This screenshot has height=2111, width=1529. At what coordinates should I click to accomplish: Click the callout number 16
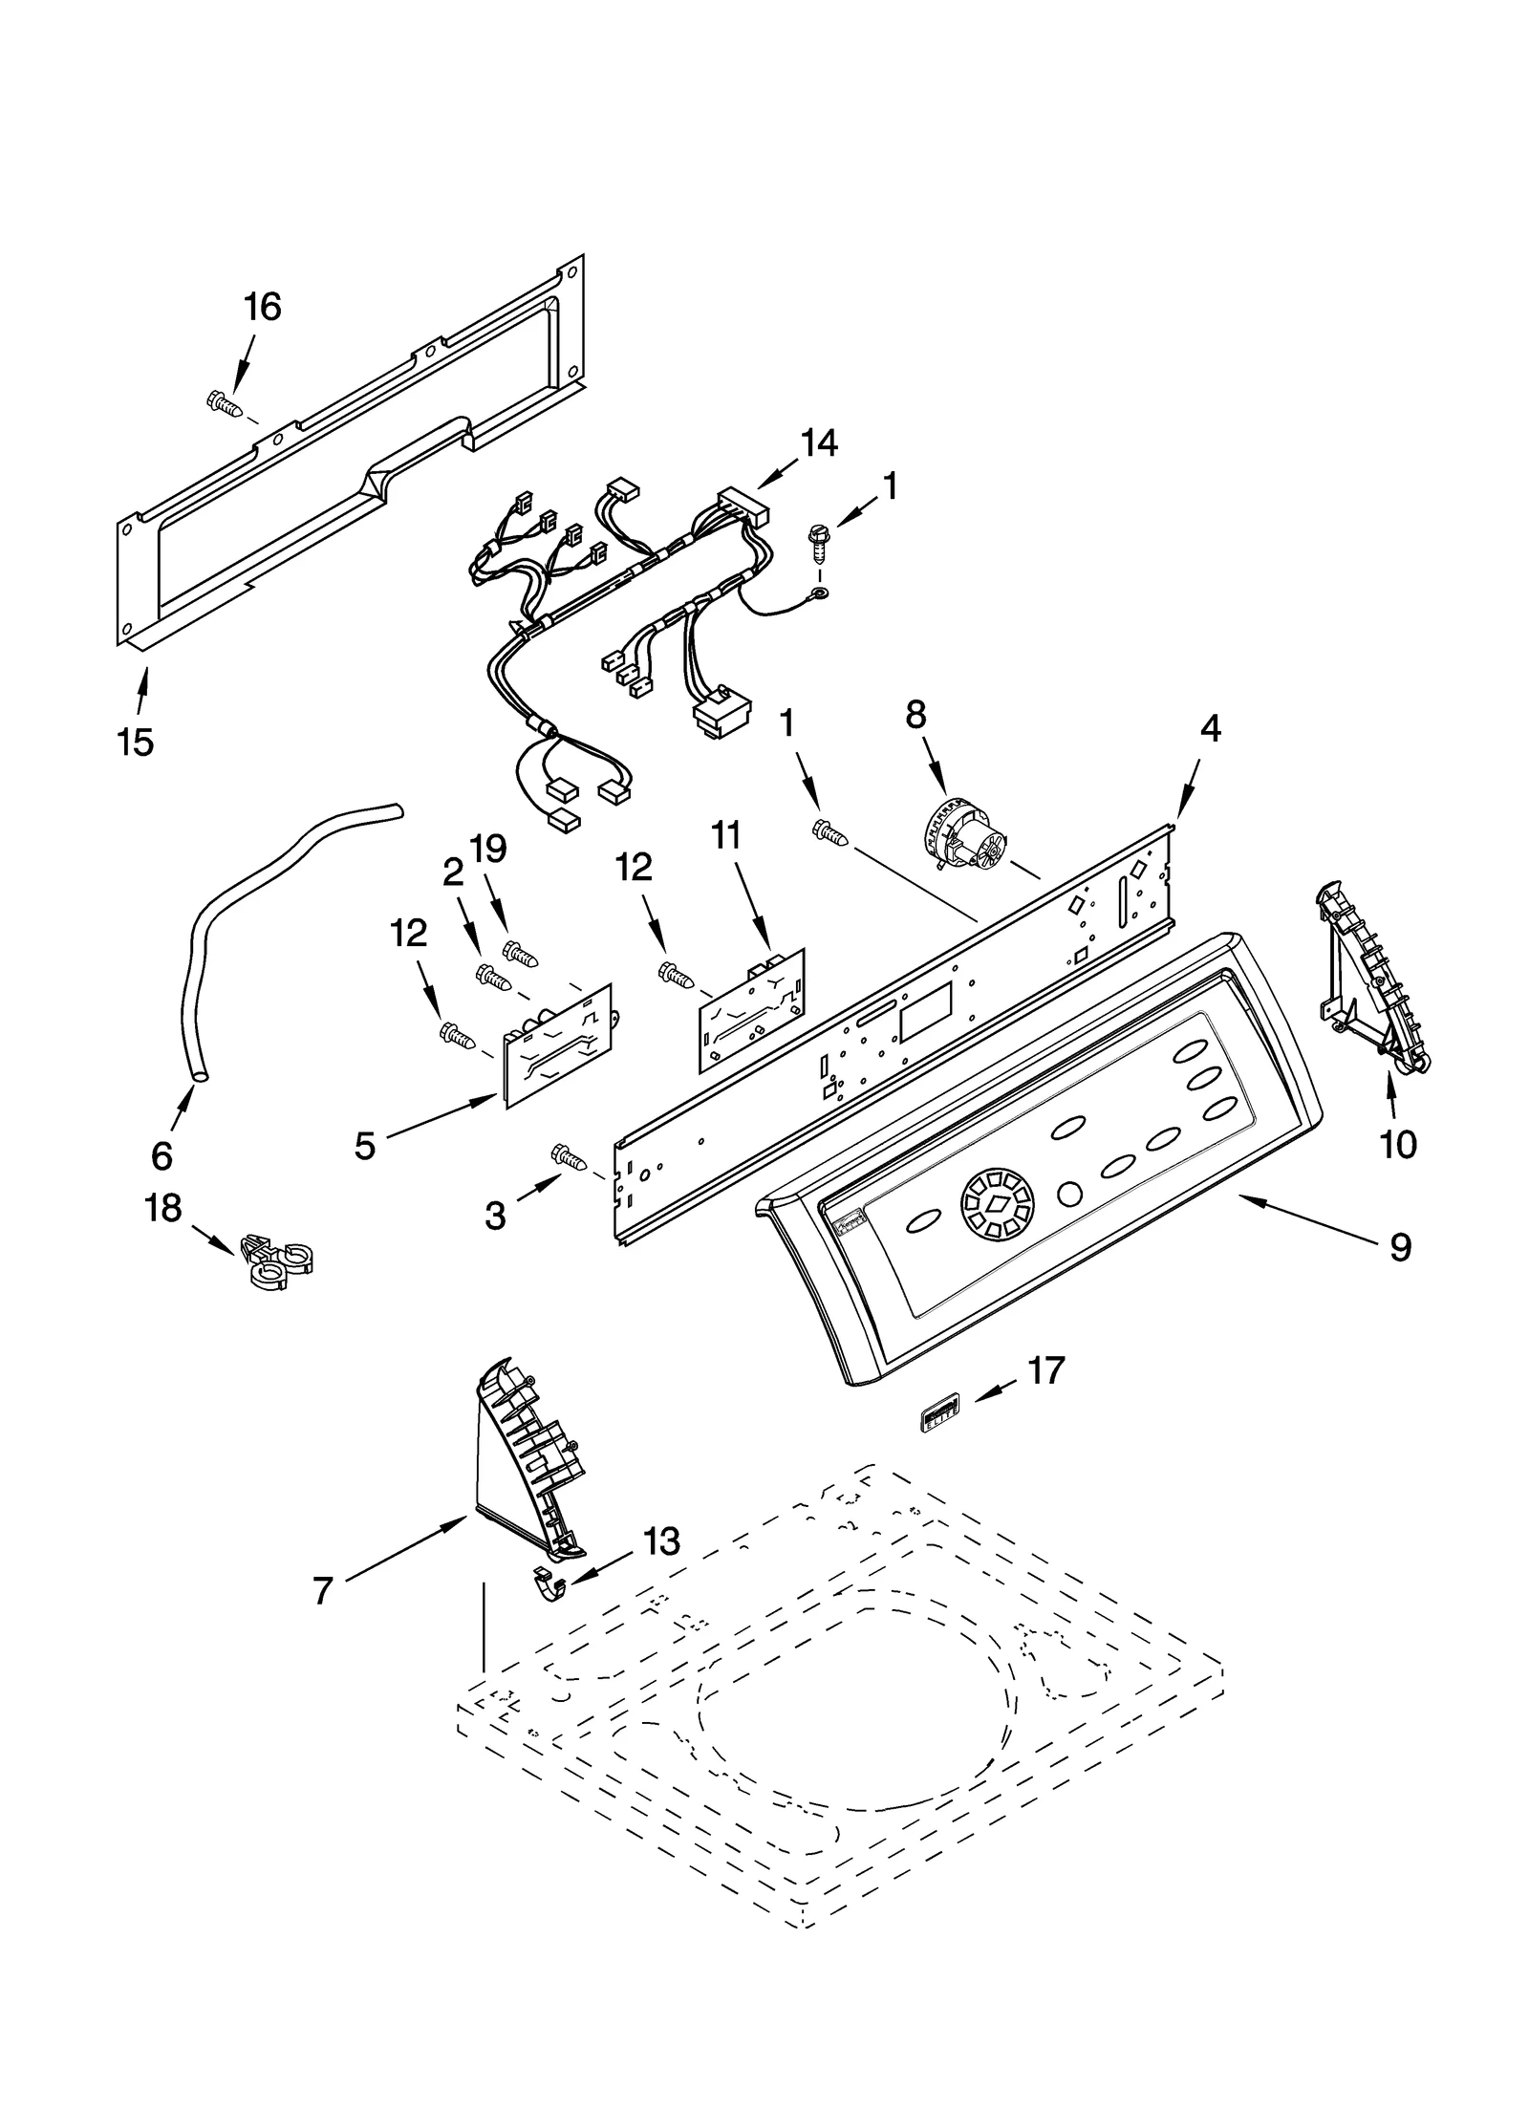coord(262,308)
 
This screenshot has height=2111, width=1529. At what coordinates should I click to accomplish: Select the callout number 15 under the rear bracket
coord(136,742)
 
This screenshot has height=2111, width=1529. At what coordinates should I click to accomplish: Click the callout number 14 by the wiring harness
coord(818,442)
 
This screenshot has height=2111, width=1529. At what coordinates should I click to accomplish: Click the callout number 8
coord(915,714)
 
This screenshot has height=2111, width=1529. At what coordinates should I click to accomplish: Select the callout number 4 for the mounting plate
coord(1210,728)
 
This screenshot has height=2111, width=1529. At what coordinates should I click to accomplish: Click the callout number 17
coord(1045,1370)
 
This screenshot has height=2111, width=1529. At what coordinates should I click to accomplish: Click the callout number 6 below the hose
coord(162,1156)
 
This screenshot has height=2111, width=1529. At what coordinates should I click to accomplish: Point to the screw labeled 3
coord(572,1158)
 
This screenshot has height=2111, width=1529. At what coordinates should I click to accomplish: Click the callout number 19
coord(489,849)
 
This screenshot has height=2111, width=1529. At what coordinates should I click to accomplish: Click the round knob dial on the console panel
coord(997,1208)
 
